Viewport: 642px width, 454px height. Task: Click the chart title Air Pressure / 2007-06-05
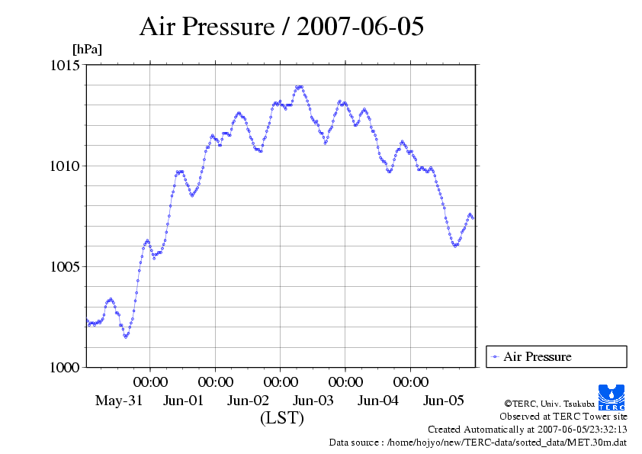pos(281,27)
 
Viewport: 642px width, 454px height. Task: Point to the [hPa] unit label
pos(87,49)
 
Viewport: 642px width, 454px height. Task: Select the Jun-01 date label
pos(183,401)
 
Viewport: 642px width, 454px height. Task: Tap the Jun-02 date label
pos(249,401)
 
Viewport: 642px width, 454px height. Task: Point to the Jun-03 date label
pos(313,401)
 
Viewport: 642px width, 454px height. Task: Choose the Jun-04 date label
pos(378,401)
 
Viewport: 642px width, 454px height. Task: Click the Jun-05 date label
pos(444,401)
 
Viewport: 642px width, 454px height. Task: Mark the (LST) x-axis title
pos(281,418)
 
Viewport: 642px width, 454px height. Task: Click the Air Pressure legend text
pos(537,356)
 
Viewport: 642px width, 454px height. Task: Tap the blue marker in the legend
pos(496,356)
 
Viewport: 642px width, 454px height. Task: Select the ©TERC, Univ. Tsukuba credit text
pos(550,402)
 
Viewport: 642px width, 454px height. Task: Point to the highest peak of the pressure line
pos(300,87)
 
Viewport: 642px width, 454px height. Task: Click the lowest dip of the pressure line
pos(126,336)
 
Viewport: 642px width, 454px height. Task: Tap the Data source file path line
pos(477,442)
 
